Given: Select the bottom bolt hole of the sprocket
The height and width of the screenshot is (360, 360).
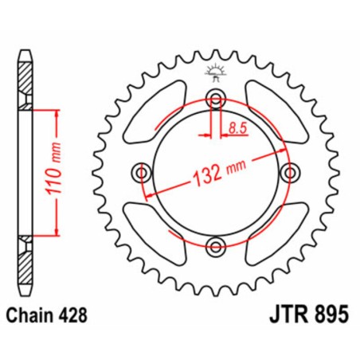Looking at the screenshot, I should tap(213, 244).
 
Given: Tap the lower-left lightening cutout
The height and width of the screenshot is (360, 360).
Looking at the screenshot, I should tap(152, 231).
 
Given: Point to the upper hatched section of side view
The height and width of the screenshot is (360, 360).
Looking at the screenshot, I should tap(26, 79).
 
